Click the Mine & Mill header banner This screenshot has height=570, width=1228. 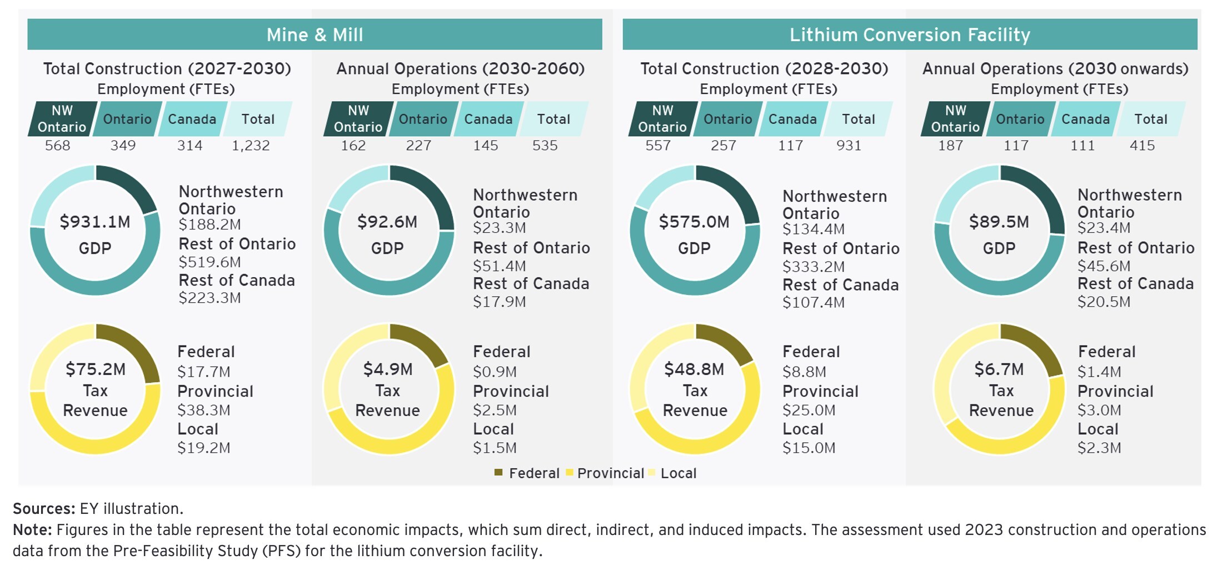click(x=315, y=34)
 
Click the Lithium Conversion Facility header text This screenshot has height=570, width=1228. click(x=910, y=34)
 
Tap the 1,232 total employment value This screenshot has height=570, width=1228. click(x=251, y=146)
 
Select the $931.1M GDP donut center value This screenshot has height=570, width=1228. click(x=95, y=222)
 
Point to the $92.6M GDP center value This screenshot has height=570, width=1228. click(x=387, y=222)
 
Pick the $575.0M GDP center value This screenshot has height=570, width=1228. click(x=694, y=222)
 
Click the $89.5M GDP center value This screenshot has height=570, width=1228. click(x=999, y=222)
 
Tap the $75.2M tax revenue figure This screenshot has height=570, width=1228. click(x=96, y=369)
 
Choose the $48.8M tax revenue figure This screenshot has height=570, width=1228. click(x=695, y=369)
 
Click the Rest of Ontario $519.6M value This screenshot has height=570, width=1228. click(x=209, y=262)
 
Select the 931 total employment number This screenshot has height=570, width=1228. click(x=848, y=146)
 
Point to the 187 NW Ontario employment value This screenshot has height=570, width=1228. click(x=951, y=146)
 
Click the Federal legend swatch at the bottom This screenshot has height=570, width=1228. click(x=498, y=473)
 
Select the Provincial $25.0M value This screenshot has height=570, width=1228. click(x=808, y=411)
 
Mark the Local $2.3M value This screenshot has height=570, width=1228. click(x=1099, y=448)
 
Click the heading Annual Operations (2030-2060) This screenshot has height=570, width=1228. click(x=460, y=69)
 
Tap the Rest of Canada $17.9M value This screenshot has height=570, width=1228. click(x=499, y=302)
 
